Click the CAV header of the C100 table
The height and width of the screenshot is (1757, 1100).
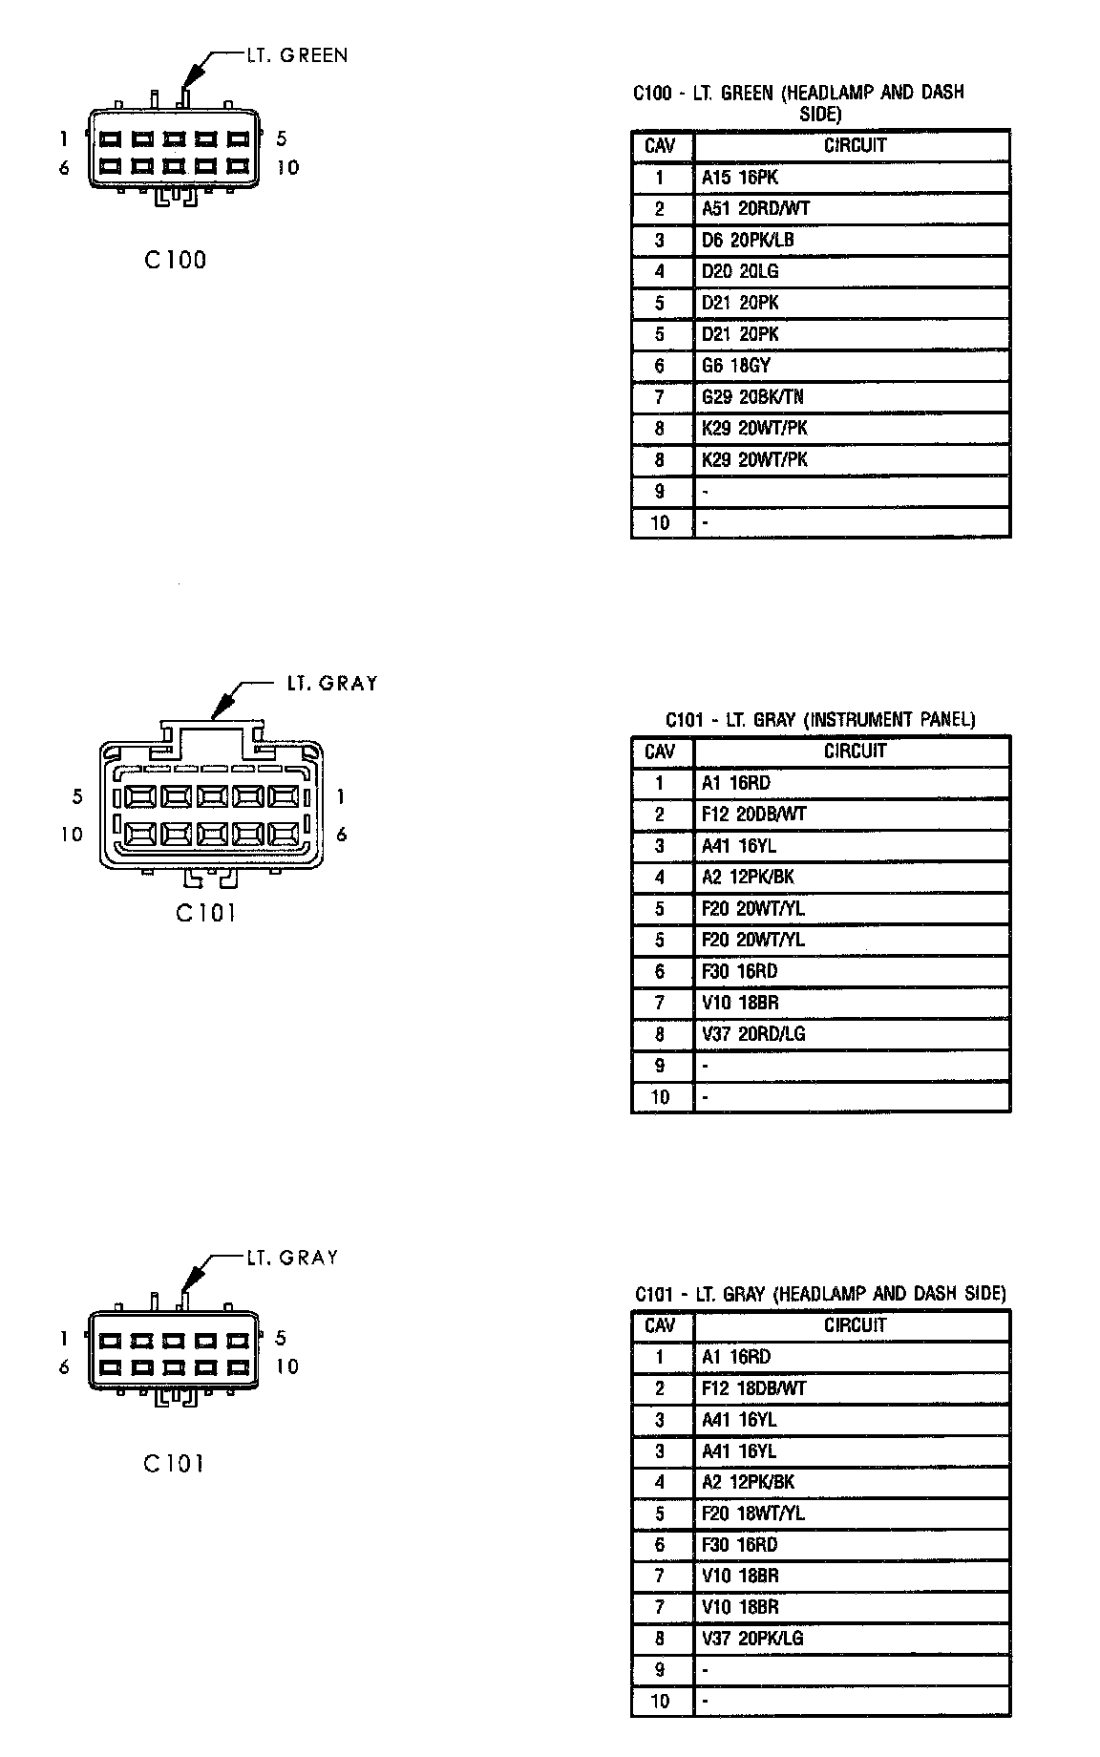point(660,146)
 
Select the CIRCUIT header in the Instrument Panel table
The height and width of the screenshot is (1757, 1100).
point(855,751)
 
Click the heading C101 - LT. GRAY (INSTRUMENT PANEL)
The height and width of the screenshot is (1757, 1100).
point(820,720)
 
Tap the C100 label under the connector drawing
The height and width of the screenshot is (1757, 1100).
point(176,260)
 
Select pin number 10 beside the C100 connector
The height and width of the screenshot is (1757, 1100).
point(287,168)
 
